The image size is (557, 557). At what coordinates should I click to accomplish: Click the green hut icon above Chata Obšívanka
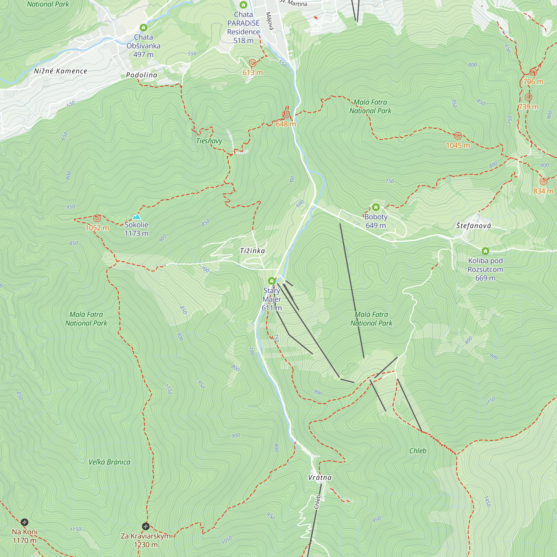point(143,28)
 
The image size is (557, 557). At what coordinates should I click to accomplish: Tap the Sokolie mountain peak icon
point(136,216)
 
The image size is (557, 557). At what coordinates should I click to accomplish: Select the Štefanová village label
point(473,226)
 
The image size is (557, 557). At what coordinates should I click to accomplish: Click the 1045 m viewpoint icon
point(458,136)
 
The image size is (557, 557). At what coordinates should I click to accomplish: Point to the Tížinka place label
point(252,251)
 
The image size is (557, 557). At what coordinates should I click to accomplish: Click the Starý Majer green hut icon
point(272,281)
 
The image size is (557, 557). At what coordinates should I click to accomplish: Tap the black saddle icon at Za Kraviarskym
point(146,526)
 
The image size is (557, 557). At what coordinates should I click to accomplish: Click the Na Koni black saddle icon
point(25,522)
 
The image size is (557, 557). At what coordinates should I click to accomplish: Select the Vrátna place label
point(320,478)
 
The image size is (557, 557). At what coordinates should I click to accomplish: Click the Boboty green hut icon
point(376,207)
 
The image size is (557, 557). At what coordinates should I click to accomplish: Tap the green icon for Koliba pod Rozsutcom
point(485,251)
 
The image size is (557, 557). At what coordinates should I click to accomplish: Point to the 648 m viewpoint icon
point(286,114)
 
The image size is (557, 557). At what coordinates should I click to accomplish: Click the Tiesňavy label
point(209,141)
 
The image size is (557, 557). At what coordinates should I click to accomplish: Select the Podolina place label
point(141,75)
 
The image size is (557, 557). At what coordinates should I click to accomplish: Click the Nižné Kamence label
point(60,71)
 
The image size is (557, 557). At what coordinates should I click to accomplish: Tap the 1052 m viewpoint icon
point(97,218)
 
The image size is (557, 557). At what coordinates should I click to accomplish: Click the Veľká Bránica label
point(109,462)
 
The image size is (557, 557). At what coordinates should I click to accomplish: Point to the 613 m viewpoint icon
point(253,63)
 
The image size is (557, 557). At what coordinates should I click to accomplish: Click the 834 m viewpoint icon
point(543,181)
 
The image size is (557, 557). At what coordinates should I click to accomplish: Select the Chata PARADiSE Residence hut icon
point(243,5)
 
